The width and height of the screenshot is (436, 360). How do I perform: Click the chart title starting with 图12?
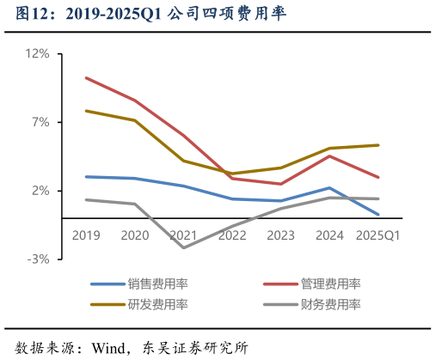click(x=145, y=15)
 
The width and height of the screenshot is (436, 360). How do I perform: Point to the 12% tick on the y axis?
click(x=39, y=53)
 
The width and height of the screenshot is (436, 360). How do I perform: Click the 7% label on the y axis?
click(x=41, y=122)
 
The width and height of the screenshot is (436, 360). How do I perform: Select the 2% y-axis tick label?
click(x=41, y=191)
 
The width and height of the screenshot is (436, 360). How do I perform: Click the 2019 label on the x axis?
click(x=86, y=235)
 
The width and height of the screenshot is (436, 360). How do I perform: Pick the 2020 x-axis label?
click(x=135, y=235)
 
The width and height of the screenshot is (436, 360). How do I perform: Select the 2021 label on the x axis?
click(x=183, y=235)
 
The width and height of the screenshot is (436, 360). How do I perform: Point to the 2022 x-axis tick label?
click(x=232, y=235)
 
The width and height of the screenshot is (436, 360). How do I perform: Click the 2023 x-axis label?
click(x=281, y=235)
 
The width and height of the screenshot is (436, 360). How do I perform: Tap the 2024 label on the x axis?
click(x=330, y=235)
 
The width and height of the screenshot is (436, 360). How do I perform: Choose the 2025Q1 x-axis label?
click(x=379, y=235)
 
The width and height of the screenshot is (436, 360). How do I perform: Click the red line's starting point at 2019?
click(x=86, y=77)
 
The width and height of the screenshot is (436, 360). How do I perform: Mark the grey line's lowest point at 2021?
click(x=183, y=248)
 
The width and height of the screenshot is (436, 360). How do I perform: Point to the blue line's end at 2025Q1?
click(x=379, y=214)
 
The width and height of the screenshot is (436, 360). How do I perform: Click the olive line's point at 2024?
click(x=330, y=149)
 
